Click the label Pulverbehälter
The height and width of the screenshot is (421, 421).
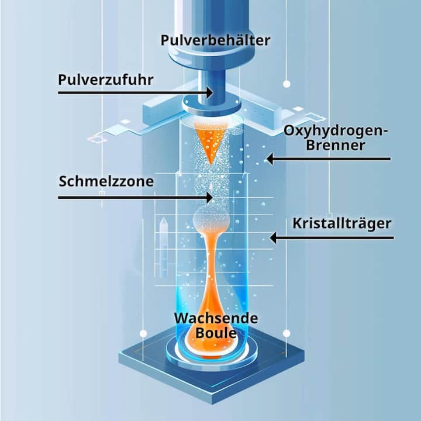215,40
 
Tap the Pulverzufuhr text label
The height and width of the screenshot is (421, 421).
106,80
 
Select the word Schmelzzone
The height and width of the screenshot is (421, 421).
106,181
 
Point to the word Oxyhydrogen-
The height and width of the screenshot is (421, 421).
336,132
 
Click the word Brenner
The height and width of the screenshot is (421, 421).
336,145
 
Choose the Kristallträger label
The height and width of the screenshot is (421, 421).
342,223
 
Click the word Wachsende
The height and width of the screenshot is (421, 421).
216,319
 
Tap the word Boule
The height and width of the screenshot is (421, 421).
216,333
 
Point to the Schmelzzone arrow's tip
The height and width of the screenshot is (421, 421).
212,198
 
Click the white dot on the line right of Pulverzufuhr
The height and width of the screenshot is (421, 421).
287,84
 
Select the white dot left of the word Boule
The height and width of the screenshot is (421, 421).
143,333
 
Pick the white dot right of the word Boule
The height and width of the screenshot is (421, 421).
287,333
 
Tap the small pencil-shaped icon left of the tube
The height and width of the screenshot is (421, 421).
164,247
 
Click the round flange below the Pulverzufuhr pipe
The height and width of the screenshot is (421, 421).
212,106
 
